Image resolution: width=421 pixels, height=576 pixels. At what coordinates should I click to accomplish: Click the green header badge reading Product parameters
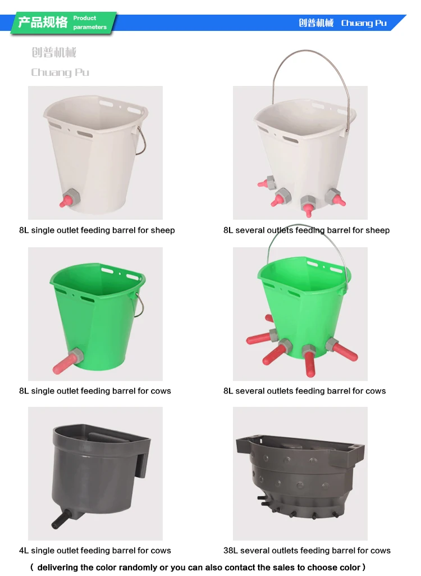click(x=63, y=23)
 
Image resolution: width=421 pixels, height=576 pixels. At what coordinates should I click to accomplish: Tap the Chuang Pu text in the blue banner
click(x=364, y=23)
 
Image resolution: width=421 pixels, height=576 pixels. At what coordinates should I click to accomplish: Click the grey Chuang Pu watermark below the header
click(x=60, y=72)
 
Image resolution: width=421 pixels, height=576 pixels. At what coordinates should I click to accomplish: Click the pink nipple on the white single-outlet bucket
click(x=66, y=201)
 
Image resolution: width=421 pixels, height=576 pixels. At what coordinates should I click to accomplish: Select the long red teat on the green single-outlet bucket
click(x=64, y=364)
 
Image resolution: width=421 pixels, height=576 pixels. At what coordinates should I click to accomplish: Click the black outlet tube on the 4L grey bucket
click(x=60, y=519)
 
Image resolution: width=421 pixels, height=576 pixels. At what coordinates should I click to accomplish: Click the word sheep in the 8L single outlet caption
click(x=163, y=230)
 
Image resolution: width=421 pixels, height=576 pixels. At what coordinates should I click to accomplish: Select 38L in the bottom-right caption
click(x=231, y=550)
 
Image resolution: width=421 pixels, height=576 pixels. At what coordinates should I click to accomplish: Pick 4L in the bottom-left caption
click(x=24, y=550)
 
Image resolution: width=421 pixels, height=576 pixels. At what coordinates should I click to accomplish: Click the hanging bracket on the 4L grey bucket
click(x=143, y=459)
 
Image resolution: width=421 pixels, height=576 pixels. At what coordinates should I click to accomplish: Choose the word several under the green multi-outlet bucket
click(x=250, y=391)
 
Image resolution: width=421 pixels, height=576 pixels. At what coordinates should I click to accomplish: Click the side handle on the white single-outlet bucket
click(x=141, y=140)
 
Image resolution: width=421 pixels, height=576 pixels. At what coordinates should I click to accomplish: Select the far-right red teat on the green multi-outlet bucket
click(x=345, y=352)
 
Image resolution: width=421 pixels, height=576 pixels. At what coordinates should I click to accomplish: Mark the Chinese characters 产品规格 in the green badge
click(x=43, y=22)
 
